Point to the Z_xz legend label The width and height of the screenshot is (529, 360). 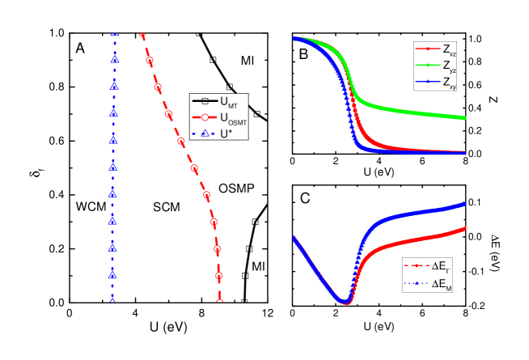point(449,50)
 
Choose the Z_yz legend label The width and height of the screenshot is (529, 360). point(449,66)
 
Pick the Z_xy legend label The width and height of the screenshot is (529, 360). point(449,82)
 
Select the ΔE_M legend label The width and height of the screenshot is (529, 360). point(441,283)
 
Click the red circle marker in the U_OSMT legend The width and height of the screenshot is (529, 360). point(205,117)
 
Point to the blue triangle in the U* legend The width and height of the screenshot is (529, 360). point(205,133)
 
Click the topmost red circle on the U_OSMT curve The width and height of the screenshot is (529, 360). point(149,61)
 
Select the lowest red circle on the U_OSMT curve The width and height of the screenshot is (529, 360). point(218,276)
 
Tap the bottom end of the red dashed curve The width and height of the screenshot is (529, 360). point(219,299)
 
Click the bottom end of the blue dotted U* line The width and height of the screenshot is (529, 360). point(113,299)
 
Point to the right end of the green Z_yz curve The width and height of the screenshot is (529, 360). point(466,118)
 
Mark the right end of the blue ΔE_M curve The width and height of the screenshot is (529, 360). point(466,204)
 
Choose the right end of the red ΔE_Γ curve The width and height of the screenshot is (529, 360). point(466,229)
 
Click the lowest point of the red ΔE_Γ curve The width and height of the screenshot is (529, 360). point(346,303)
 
